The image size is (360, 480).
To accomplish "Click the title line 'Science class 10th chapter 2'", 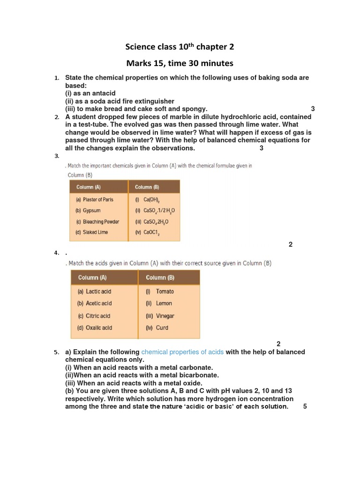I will point(180,47).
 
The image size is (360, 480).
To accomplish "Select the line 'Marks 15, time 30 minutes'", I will point(180,63).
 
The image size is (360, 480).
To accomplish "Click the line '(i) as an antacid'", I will point(90,93).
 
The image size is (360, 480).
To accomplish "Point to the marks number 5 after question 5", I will point(305,406).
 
